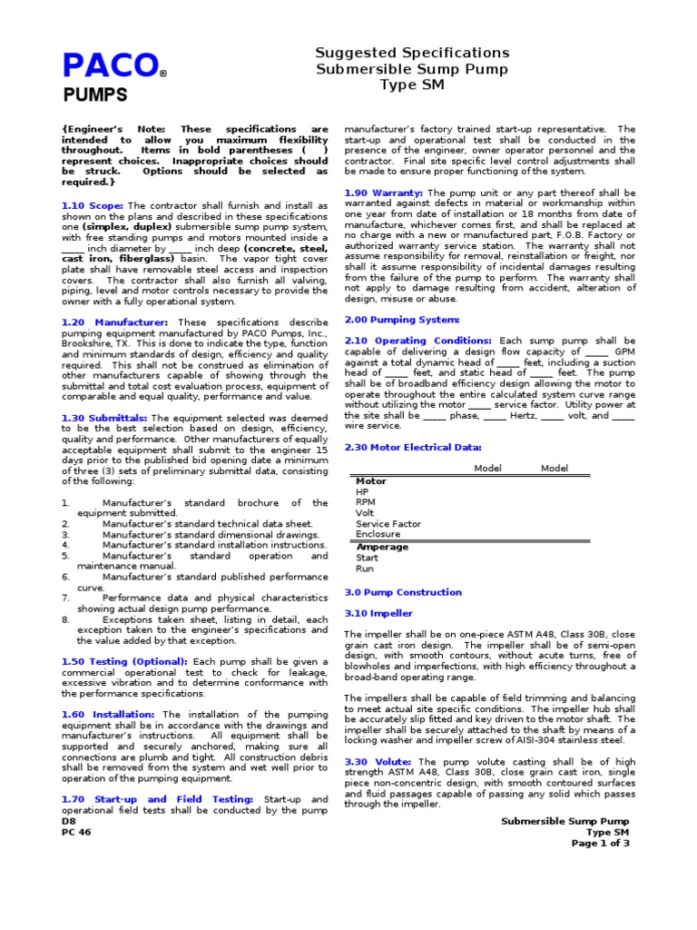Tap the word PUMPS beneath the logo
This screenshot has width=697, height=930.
(x=94, y=94)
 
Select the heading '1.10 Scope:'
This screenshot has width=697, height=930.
(x=92, y=206)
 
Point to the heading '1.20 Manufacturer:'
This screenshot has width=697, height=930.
(x=114, y=322)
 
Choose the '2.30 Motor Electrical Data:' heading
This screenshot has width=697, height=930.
(x=413, y=447)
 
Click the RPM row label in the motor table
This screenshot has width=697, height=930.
(x=365, y=502)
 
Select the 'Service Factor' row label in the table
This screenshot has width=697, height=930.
(x=388, y=524)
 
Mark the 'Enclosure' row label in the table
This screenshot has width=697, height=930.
(x=378, y=535)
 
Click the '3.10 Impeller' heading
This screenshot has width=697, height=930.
(x=379, y=613)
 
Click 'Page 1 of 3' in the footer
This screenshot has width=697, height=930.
(x=600, y=843)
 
